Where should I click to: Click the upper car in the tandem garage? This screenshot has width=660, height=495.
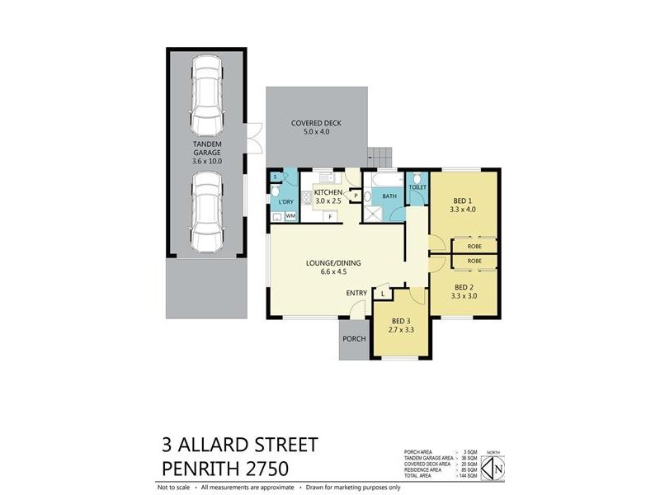click(206, 89)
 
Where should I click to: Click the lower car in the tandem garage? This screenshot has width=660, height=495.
click(206, 217)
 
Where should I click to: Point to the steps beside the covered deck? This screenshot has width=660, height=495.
click(380, 154)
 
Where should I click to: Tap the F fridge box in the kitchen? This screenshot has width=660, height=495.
click(331, 216)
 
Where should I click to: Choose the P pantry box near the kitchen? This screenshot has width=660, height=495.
click(356, 196)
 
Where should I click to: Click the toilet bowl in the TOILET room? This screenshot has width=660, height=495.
click(417, 180)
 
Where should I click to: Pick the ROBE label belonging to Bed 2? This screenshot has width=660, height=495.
click(474, 261)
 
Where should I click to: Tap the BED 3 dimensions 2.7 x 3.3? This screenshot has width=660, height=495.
click(402, 329)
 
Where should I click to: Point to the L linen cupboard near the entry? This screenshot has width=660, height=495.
click(384, 294)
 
